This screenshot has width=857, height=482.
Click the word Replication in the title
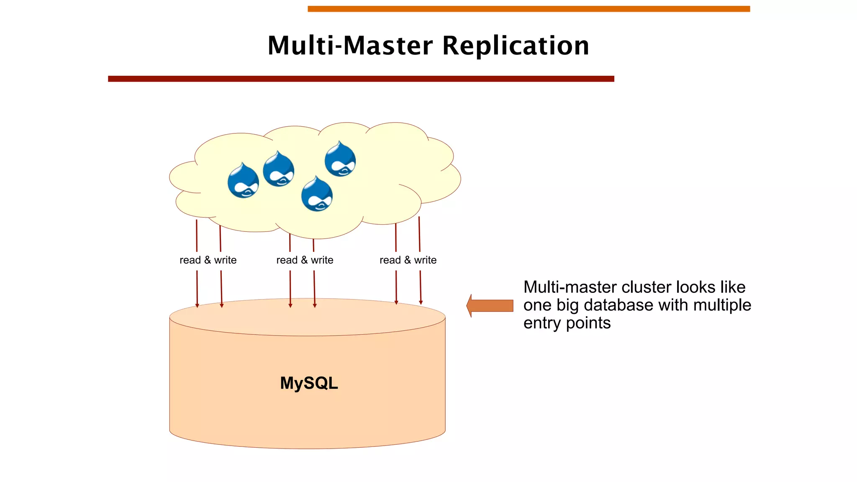pyautogui.click(x=516, y=46)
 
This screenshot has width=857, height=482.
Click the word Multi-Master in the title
pyautogui.click(x=350, y=46)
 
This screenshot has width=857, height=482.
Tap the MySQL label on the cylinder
pyautogui.click(x=309, y=383)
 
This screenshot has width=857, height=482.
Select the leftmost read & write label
pyautogui.click(x=208, y=260)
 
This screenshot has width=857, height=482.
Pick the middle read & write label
pyautogui.click(x=305, y=260)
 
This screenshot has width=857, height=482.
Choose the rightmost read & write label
pyautogui.click(x=408, y=260)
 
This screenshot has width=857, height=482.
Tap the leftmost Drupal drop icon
pyautogui.click(x=243, y=181)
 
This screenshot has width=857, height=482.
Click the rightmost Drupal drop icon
pyautogui.click(x=340, y=159)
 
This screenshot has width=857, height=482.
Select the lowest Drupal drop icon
pyautogui.click(x=317, y=194)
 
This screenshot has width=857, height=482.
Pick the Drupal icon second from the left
pyautogui.click(x=278, y=169)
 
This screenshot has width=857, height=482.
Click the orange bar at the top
pyautogui.click(x=529, y=9)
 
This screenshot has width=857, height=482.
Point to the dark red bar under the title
pyautogui.click(x=361, y=79)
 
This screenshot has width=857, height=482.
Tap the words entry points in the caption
pyautogui.click(x=567, y=323)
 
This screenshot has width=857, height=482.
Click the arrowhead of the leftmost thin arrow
pyautogui.click(x=198, y=306)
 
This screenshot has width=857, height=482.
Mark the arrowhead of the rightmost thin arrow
pyautogui.click(x=421, y=303)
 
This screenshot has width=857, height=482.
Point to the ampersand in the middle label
pyautogui.click(x=304, y=260)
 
